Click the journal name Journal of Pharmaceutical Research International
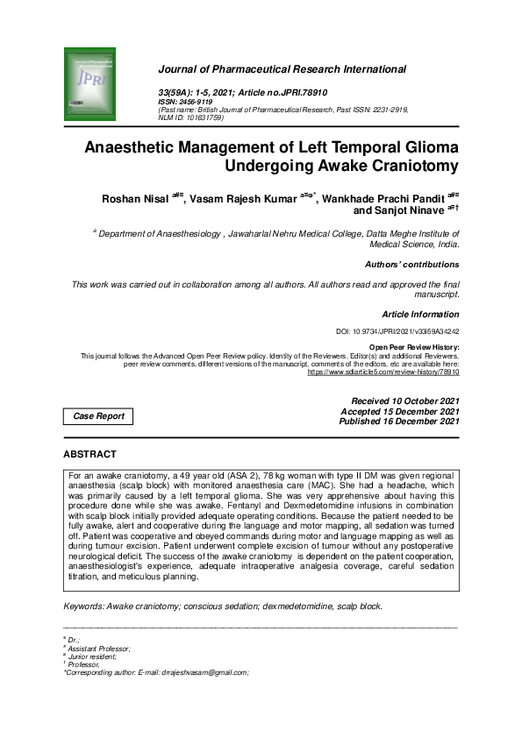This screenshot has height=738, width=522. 281,68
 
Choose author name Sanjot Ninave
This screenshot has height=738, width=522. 410,211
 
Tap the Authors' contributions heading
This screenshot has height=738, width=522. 411,264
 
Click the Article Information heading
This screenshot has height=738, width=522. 420,314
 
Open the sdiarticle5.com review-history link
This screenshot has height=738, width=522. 383,372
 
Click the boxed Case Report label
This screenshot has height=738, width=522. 98,416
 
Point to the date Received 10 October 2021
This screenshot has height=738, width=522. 404,401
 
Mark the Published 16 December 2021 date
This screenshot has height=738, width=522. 399,422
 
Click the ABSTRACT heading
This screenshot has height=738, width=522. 89,454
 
